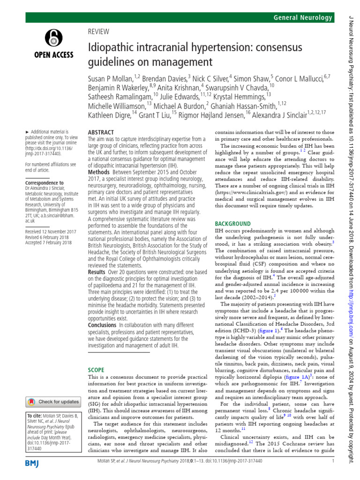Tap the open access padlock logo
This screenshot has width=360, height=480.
tap(52, 37)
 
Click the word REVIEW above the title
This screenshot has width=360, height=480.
tap(98, 32)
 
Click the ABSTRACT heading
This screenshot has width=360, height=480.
tap(101, 132)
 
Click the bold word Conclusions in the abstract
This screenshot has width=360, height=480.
tap(102, 325)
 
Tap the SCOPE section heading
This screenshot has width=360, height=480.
tap(97, 369)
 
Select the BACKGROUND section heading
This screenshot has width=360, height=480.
tap(233, 211)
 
